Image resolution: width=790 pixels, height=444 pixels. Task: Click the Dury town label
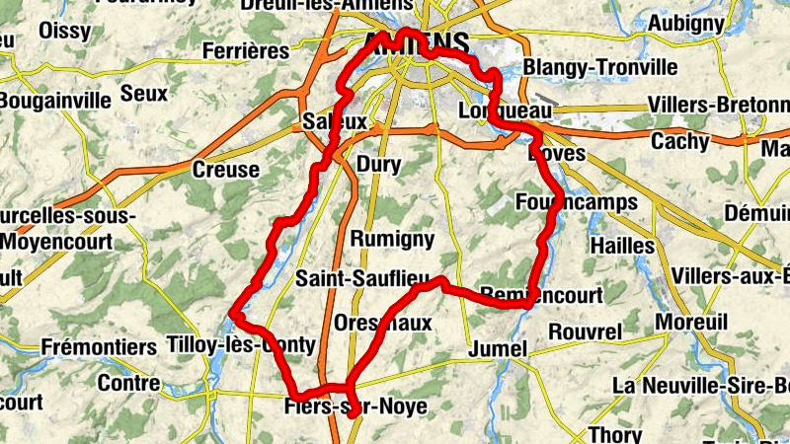(379, 165)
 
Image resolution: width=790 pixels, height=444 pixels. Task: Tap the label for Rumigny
(392, 239)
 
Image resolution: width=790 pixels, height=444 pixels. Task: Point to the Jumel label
(499, 348)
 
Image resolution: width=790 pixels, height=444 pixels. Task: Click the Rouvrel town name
(586, 330)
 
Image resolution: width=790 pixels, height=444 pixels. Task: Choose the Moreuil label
(690, 322)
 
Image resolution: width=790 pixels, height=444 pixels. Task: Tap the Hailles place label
(621, 245)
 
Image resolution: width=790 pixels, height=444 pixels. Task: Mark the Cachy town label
(679, 142)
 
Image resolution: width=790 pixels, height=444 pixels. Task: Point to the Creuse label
(226, 170)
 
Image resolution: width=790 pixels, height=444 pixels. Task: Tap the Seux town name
(144, 95)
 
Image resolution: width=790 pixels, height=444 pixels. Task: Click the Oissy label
(65, 30)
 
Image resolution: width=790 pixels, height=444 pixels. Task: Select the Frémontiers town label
(99, 347)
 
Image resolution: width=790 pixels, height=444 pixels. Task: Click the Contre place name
(129, 383)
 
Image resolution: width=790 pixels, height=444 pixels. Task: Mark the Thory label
(615, 433)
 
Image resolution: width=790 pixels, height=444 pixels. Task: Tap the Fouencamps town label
(577, 202)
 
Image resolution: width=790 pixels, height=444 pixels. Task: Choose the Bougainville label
(45, 101)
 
